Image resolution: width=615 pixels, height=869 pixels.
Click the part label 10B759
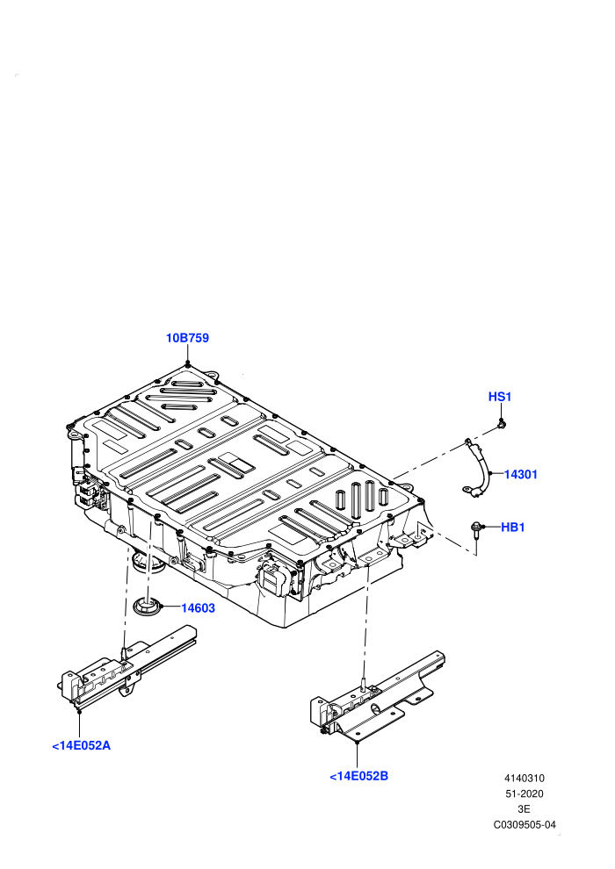[187, 338]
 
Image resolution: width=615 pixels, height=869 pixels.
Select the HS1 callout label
[500, 397]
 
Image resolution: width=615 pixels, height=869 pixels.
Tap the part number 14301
[521, 474]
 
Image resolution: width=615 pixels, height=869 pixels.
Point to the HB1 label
[513, 527]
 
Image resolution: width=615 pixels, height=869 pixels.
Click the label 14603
[198, 608]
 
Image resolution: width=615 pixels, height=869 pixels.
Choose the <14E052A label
[82, 745]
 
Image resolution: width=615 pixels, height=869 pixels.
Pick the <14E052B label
[358, 776]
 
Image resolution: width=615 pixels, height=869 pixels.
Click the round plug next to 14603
[148, 607]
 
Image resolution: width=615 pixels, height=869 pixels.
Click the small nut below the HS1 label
[503, 424]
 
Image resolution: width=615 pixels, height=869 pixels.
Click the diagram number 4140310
[524, 778]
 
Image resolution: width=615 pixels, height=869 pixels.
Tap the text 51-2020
[524, 794]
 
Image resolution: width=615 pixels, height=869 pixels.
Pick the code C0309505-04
[525, 824]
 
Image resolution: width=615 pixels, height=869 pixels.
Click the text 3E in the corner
[524, 809]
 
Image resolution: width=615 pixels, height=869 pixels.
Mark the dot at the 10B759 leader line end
[188, 363]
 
